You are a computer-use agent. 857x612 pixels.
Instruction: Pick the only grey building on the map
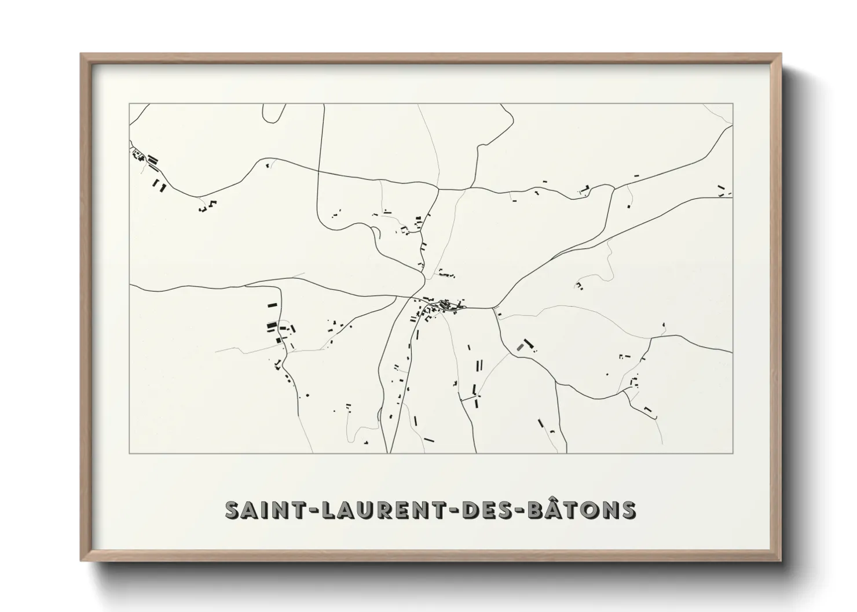click(x=520, y=346)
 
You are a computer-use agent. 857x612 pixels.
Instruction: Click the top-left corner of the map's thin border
click(x=129, y=104)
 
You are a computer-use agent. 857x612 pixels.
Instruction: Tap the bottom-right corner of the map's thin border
click(x=733, y=453)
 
